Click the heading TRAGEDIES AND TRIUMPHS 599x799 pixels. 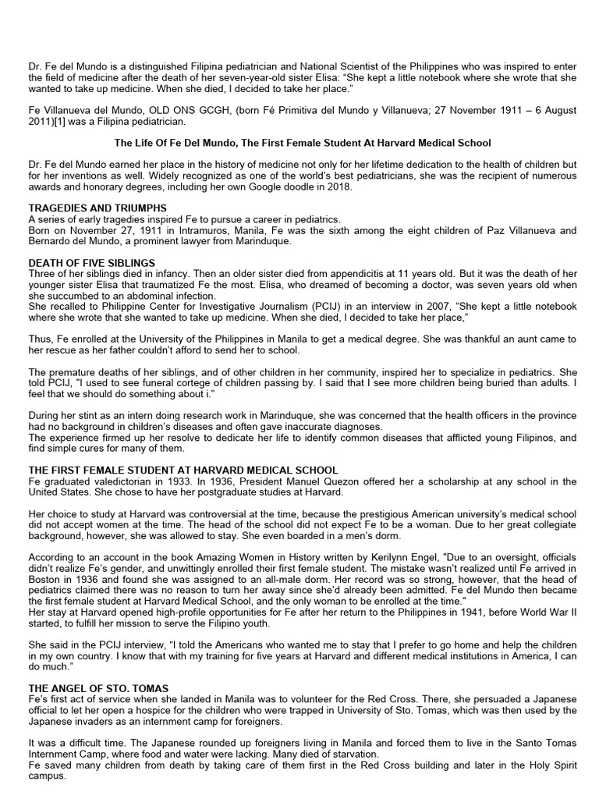click(97, 208)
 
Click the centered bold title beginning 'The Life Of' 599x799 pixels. click(303, 144)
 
